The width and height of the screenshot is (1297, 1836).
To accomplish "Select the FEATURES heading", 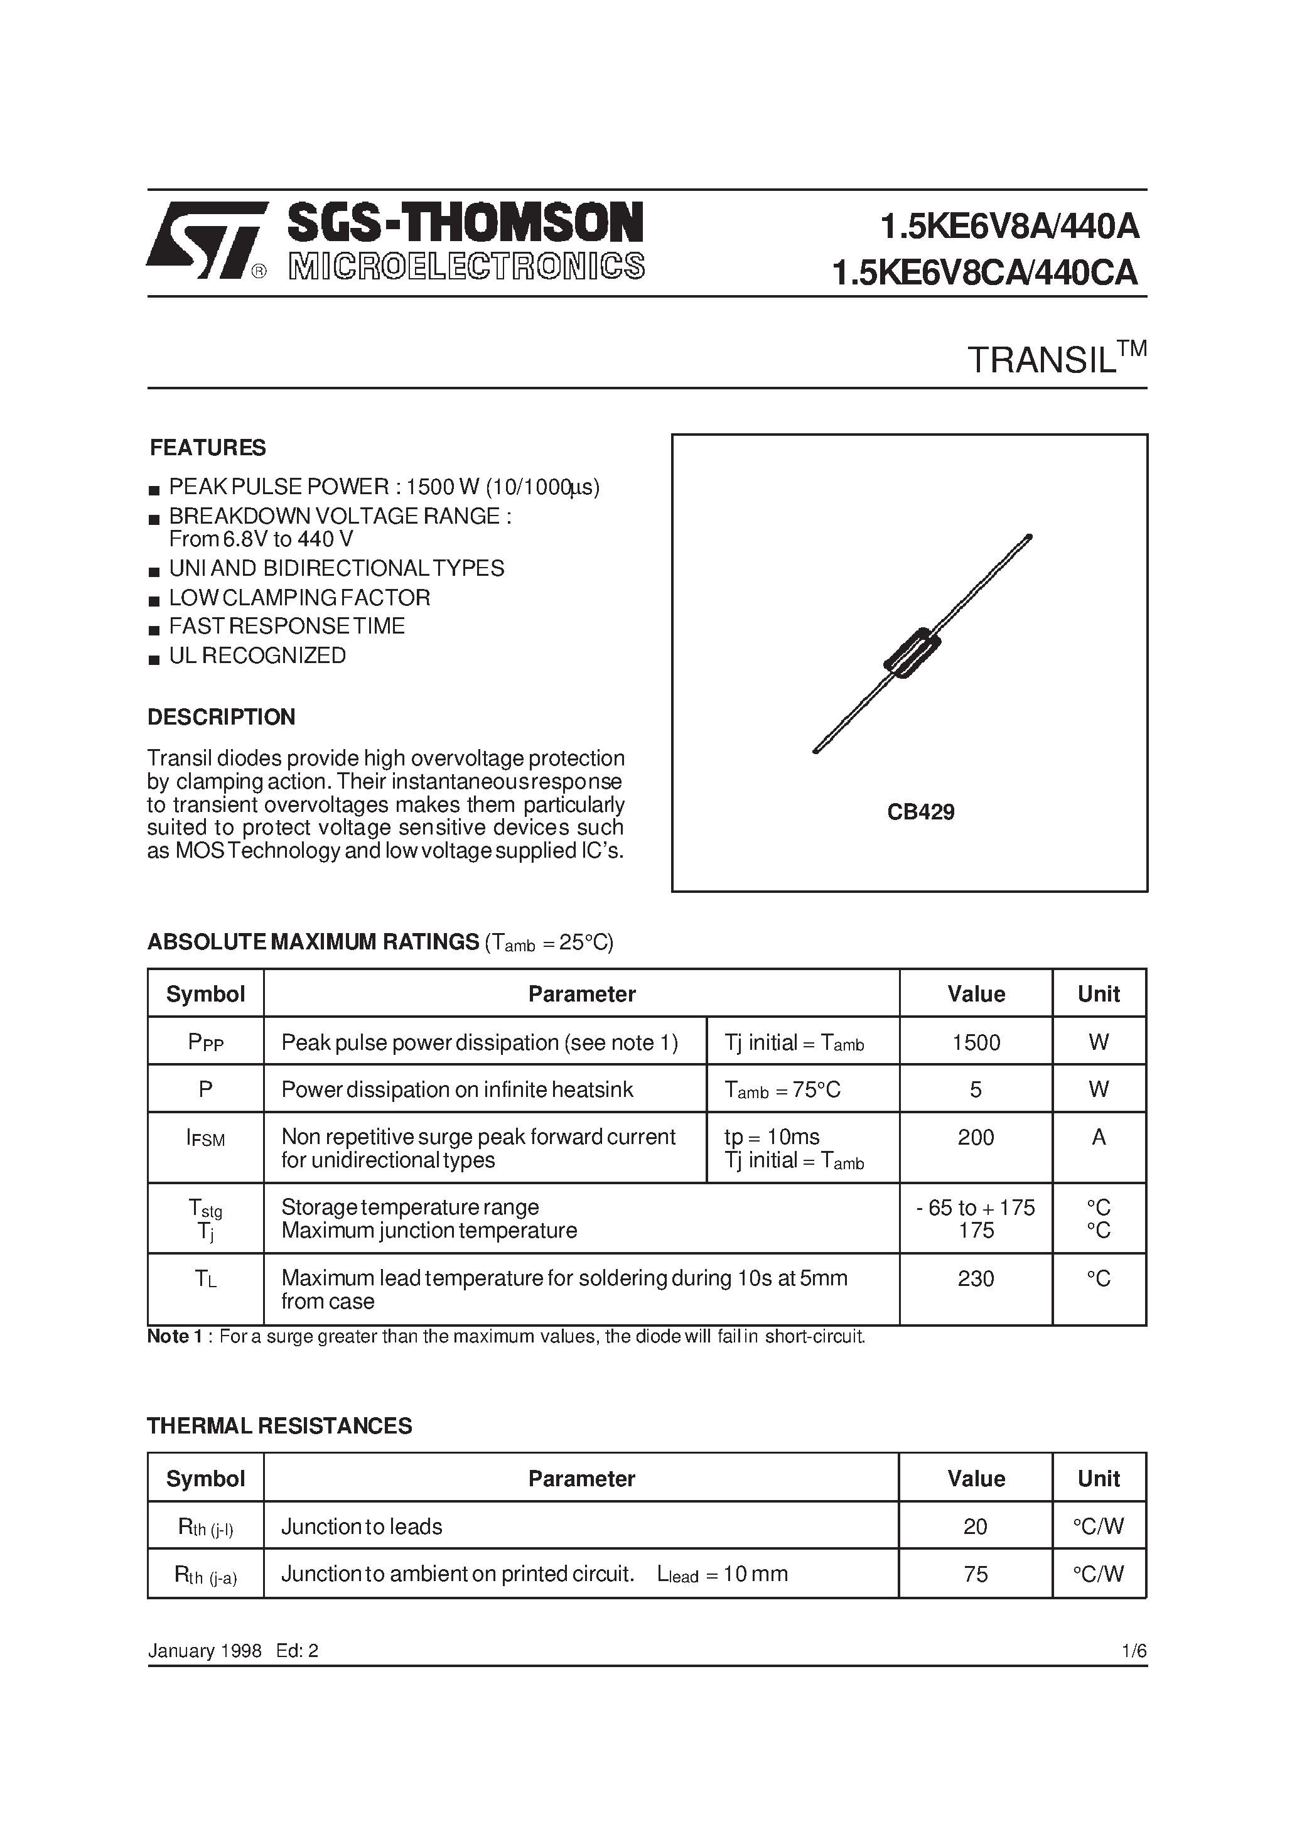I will coord(208,448).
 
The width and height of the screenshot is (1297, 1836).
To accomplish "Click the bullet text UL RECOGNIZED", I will coord(257,656).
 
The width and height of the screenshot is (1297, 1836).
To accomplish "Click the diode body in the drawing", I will coord(912,652).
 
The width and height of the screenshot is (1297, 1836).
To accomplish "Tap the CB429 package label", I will coord(920,813).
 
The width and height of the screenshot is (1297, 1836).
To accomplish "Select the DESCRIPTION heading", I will coord(222,716).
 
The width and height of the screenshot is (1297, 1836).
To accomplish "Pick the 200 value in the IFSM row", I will coord(976,1137).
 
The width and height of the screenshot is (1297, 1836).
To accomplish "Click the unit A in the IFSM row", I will coord(1099,1137).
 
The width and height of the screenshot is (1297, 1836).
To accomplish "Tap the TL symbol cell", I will coord(205,1278).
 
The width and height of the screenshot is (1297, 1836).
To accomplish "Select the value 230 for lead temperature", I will coord(976,1278).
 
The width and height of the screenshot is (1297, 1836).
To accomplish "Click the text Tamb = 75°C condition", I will coord(782,1090).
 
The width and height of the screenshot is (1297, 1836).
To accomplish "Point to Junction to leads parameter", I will coord(362,1526).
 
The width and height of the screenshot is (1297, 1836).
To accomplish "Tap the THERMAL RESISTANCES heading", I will coord(280,1426).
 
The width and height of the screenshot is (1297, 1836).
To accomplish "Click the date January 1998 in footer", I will coord(205,1651).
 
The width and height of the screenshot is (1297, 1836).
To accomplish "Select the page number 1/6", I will coord(1134,1651).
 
